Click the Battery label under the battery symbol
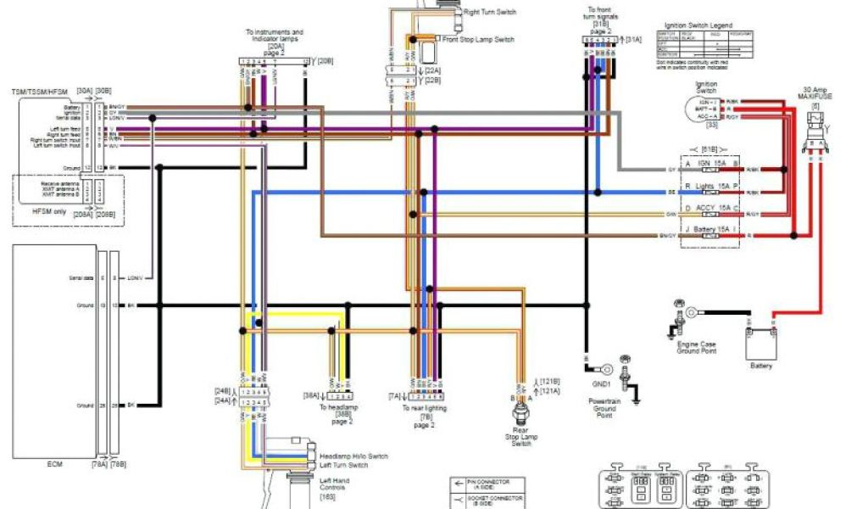tap(760, 366)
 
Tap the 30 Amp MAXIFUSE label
tap(817, 92)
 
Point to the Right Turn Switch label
tap(489, 13)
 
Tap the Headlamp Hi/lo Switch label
tap(353, 456)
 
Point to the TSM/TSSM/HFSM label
tap(39, 90)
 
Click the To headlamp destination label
tap(337, 411)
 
